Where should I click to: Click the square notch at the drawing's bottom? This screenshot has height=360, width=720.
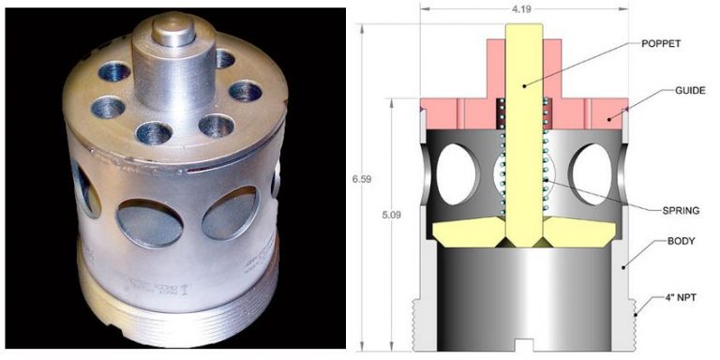point(522,340)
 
